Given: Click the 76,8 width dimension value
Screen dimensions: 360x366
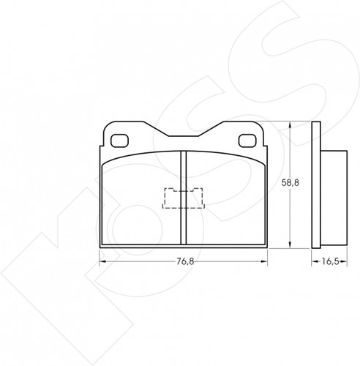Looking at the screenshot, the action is pyautogui.click(x=185, y=261).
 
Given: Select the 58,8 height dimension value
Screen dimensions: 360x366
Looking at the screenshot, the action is pyautogui.click(x=290, y=183).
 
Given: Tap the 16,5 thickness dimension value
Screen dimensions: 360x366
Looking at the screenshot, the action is pyautogui.click(x=330, y=261).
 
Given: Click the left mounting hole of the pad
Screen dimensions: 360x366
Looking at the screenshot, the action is pyautogui.click(x=119, y=141).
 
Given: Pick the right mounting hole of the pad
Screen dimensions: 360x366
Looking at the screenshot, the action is pyautogui.click(x=247, y=141).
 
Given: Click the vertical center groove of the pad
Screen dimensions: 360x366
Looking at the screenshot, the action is pyautogui.click(x=184, y=198).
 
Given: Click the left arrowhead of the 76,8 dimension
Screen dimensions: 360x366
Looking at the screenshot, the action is pyautogui.click(x=102, y=261).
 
